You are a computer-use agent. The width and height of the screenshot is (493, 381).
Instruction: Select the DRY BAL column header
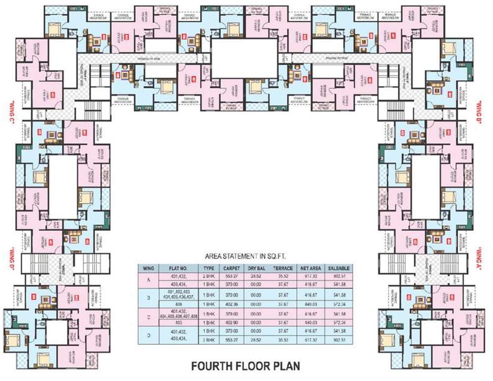click(261, 268)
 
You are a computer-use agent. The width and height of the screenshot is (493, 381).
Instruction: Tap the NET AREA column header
click(313, 268)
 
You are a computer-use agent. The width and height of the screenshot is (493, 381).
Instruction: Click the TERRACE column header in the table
click(286, 268)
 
